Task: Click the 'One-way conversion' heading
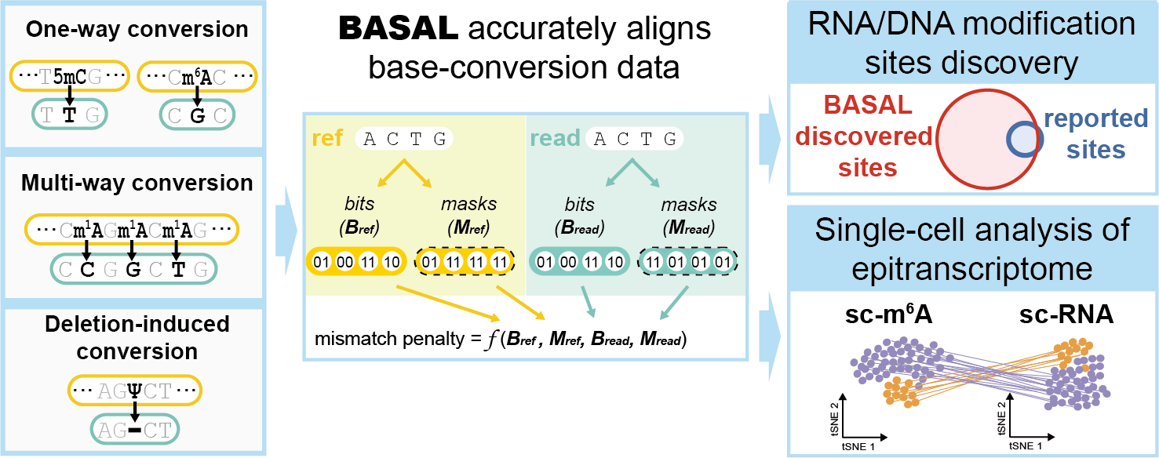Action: click(x=137, y=30)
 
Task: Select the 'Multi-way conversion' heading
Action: click(x=137, y=184)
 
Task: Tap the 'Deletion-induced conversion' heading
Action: click(x=137, y=337)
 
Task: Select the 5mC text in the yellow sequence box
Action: click(x=70, y=77)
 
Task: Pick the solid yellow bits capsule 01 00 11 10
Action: click(x=355, y=260)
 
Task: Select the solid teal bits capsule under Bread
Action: click(x=578, y=260)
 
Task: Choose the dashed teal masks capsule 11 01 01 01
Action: click(x=687, y=260)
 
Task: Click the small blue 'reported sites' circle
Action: click(x=1025, y=140)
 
